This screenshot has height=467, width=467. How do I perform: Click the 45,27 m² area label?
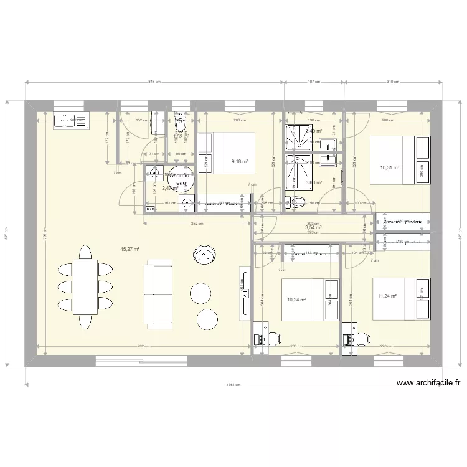[x=130, y=249]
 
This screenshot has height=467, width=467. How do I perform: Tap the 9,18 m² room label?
[x=240, y=162]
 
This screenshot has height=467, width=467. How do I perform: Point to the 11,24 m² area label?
[x=387, y=297]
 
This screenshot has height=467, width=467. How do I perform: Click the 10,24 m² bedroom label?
[x=296, y=300]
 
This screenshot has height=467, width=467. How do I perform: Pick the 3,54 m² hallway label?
[x=314, y=228]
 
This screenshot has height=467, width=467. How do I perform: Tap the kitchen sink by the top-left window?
[x=72, y=120]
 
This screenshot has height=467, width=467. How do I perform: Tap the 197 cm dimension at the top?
[x=314, y=82]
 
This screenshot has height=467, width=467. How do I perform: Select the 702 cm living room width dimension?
[x=138, y=346]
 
